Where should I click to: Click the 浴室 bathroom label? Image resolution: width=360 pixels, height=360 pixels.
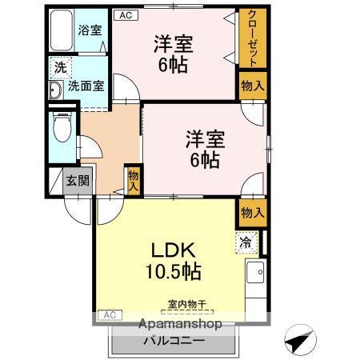pos(90,31)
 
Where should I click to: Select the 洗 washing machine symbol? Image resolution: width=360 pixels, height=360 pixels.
pos(60,69)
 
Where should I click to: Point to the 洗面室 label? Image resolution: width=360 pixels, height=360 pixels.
pos(85,86)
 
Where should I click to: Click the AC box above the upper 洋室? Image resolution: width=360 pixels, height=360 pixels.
pos(124,14)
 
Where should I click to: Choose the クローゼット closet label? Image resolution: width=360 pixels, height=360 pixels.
pos(252,40)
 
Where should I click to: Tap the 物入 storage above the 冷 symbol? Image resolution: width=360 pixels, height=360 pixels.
pos(252,212)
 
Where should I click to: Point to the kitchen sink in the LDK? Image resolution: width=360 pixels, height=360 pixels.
pos(256,277)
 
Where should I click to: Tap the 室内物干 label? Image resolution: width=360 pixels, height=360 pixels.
pos(186,303)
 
